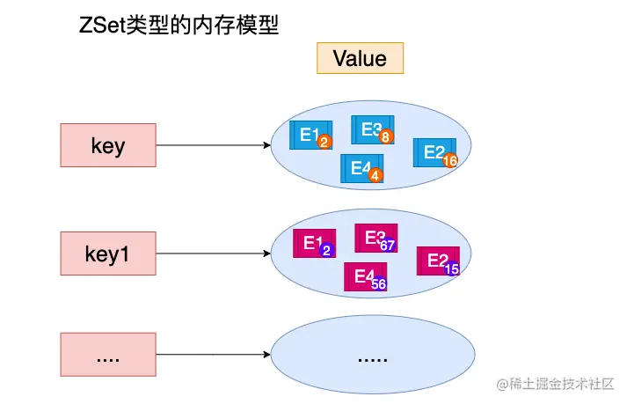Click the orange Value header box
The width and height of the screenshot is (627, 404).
coord(360,58)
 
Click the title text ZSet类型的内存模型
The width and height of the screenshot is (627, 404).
coord(179,26)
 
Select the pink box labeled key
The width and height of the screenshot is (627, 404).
coord(108,145)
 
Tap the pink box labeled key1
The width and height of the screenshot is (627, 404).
coord(108,253)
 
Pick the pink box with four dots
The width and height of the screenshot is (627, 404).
coord(108,357)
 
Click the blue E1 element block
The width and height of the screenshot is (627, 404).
coord(310,135)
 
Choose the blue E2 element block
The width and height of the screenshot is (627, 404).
coord(434,152)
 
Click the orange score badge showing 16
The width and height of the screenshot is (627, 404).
coord(450,161)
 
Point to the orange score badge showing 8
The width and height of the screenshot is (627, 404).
coord(385,137)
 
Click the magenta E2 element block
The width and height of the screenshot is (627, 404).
coord(437,261)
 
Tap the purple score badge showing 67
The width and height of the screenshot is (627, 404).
coord(388,246)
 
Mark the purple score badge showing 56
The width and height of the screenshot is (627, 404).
coord(379,284)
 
